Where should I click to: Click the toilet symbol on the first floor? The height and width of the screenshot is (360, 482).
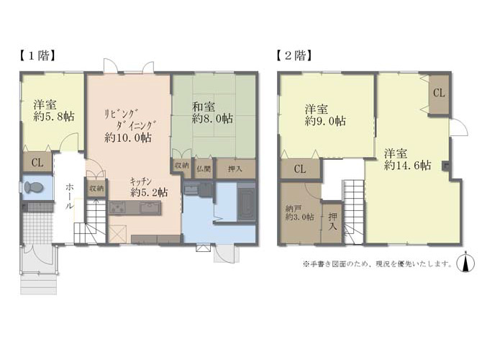33,187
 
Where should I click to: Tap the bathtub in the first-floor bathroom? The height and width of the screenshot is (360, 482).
246,203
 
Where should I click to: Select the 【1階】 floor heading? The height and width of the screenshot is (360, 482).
37,56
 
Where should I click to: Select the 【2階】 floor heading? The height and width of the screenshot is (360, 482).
294,56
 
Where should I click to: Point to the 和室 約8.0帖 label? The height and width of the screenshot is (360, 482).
212,112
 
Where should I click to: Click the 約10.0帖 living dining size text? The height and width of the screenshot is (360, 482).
128,138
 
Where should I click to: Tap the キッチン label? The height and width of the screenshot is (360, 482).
140,181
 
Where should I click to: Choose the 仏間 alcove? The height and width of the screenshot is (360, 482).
203,168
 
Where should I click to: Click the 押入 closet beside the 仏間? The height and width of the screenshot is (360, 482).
236,168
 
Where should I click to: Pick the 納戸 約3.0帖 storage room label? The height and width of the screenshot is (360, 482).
299,213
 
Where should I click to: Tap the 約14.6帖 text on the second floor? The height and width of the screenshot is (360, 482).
408,165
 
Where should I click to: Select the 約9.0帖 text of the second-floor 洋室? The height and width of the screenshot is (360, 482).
325,121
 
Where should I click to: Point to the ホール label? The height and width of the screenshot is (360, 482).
70,197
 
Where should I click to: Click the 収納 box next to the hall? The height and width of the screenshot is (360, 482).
96,189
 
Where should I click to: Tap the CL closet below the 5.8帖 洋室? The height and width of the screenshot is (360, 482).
37,162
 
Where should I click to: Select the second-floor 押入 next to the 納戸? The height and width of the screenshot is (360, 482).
332,222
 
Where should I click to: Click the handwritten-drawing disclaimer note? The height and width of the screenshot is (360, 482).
378,264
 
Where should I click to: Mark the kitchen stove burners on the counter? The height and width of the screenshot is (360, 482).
118,207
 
